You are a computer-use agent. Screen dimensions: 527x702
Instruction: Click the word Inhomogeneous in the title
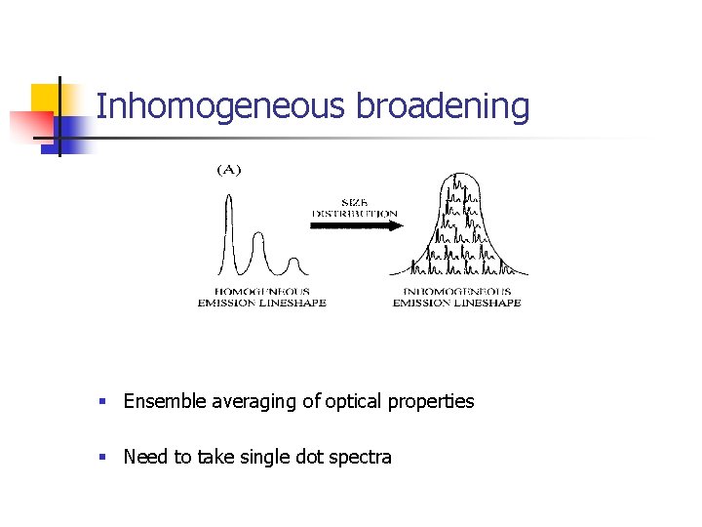click(220, 106)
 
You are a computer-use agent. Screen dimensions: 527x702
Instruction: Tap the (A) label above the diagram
click(227, 170)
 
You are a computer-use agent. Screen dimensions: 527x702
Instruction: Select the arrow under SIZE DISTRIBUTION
click(356, 226)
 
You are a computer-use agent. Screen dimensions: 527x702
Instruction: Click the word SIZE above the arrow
click(355, 202)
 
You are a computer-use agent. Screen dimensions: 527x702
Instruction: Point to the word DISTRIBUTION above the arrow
click(355, 213)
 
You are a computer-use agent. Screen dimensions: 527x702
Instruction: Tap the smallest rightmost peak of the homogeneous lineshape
click(292, 261)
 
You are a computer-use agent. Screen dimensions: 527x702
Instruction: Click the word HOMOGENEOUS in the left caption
click(261, 291)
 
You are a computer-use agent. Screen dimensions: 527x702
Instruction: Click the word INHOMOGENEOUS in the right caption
click(456, 291)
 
